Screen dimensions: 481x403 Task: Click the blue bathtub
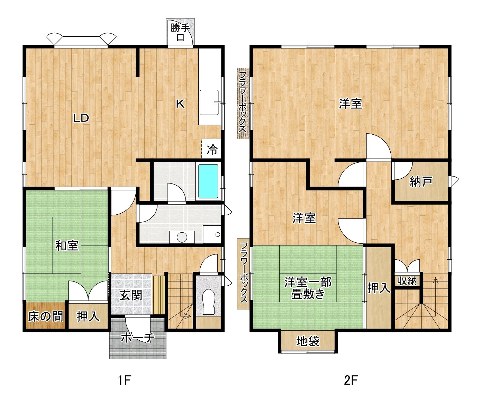208,181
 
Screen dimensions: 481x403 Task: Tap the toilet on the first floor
208,302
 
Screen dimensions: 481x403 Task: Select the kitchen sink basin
209,102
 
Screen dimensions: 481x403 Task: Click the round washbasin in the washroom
182,237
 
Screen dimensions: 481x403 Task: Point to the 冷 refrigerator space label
212,150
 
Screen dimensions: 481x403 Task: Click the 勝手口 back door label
180,33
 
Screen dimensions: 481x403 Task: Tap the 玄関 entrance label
130,296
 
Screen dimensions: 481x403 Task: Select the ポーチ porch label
137,338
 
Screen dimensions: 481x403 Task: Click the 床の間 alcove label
45,316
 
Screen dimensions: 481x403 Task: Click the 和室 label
67,245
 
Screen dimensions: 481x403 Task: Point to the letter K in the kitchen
180,104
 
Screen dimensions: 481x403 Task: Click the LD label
81,118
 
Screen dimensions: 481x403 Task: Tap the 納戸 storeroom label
421,182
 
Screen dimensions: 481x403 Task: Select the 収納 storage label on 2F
407,281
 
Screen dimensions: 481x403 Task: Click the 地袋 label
308,341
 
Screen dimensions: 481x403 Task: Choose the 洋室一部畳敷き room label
308,288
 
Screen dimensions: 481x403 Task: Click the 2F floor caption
351,380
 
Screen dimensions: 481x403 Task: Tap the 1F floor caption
124,380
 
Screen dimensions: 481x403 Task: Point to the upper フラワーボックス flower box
243,103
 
